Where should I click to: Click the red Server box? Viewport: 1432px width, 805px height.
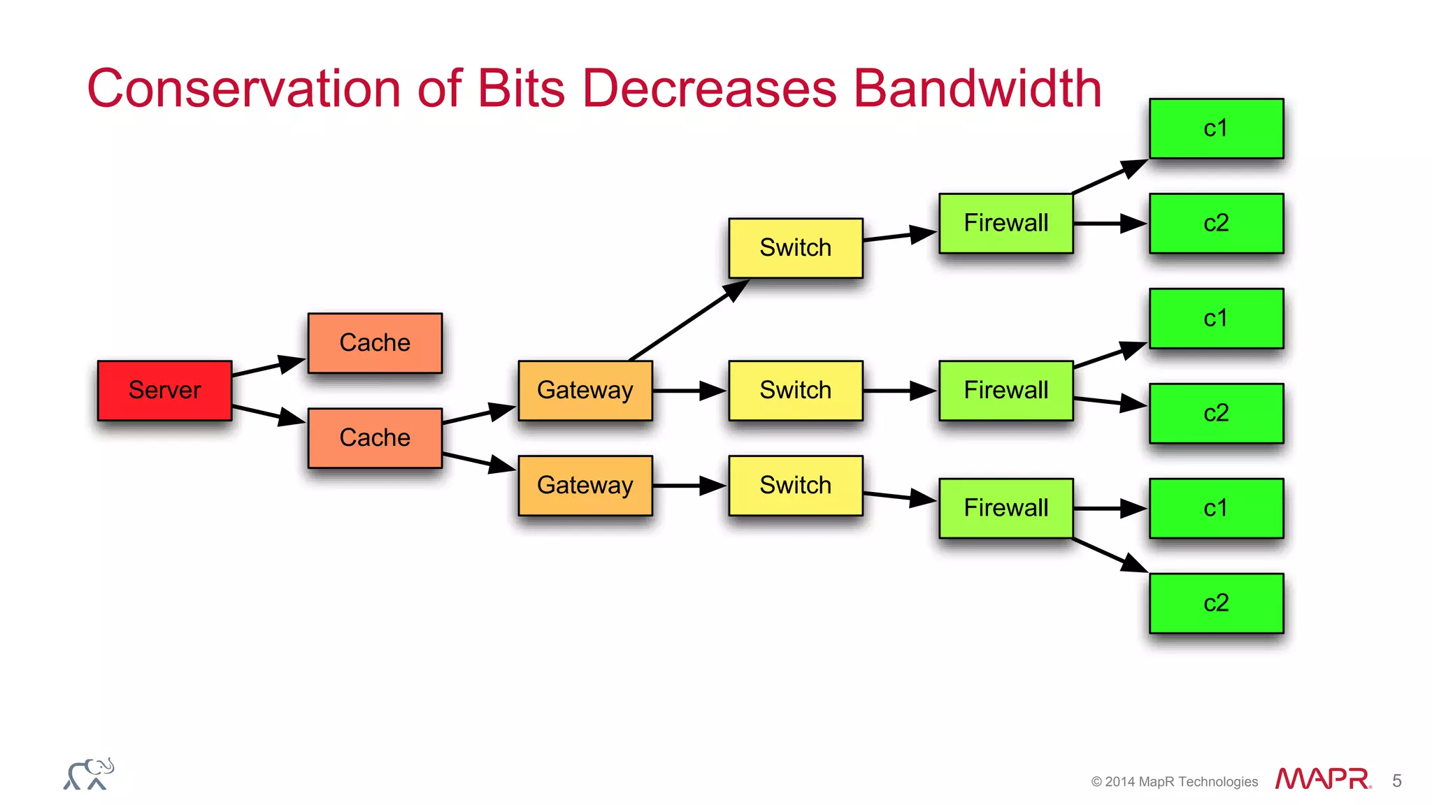point(164,390)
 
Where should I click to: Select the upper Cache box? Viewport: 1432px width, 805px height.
point(375,342)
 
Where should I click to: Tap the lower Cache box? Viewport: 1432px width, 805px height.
point(375,437)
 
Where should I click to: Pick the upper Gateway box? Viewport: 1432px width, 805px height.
point(585,390)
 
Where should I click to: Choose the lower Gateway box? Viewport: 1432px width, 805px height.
point(585,485)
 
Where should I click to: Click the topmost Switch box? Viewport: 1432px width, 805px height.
point(796,247)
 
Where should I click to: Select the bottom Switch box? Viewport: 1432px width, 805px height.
point(796,485)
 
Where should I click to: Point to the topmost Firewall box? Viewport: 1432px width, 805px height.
point(1005,223)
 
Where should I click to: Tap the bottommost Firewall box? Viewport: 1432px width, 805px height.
point(1005,507)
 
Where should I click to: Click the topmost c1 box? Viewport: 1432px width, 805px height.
point(1216,128)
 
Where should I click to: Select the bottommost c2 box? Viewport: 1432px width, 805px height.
point(1216,602)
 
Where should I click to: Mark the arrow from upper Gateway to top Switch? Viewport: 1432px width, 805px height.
point(689,321)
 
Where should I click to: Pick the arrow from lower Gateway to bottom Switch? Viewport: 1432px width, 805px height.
point(689,485)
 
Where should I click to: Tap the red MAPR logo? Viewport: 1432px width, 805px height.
point(1322,779)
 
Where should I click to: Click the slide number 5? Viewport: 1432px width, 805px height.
point(1396,781)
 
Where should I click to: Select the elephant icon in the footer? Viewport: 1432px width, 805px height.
point(89,774)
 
